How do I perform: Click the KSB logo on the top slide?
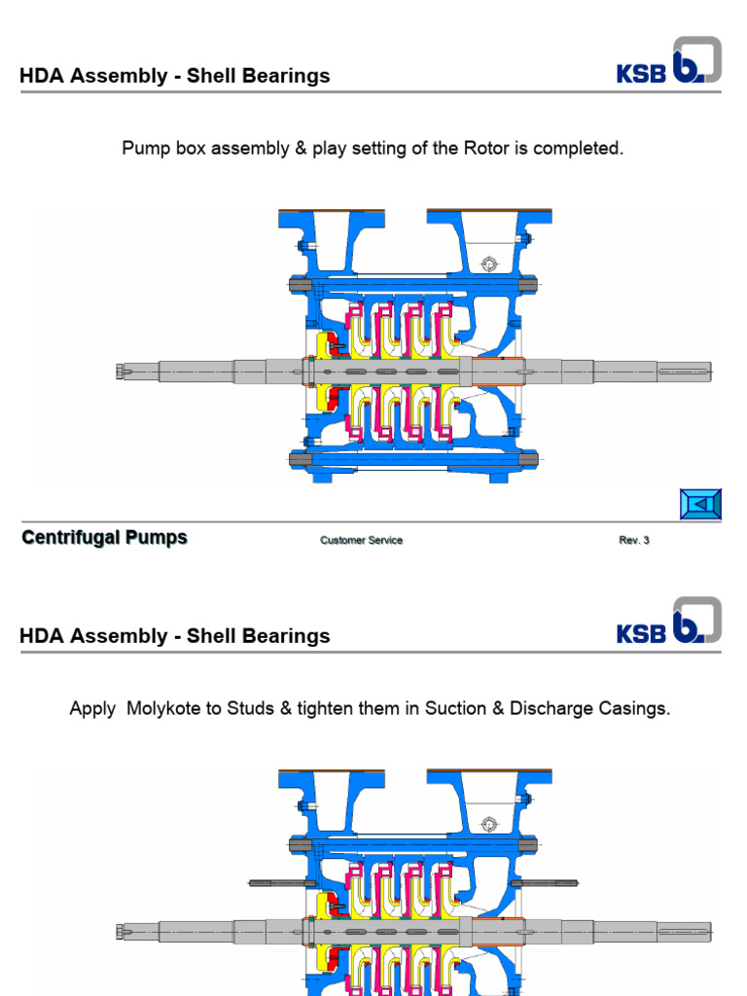tap(668, 62)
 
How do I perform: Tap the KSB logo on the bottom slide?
tap(668, 622)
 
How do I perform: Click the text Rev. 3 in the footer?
tap(633, 541)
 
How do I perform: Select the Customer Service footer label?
tap(361, 541)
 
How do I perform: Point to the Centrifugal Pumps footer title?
tap(104, 538)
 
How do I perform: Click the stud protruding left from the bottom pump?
tap(276, 883)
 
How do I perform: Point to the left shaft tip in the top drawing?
tap(122, 371)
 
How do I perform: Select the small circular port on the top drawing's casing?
tap(489, 264)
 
